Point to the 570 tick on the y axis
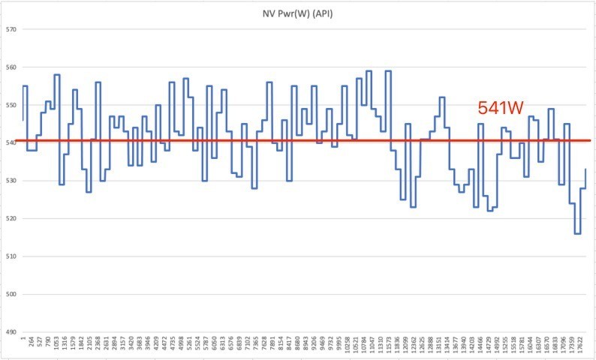click(x=11, y=29)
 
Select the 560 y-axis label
click(x=11, y=67)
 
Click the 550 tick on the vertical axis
click(x=11, y=105)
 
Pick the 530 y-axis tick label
click(x=11, y=181)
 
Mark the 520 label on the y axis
click(x=11, y=218)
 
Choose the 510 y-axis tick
click(x=11, y=256)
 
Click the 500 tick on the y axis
click(x=11, y=294)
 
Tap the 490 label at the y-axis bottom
click(x=11, y=332)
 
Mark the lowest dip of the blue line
click(x=577, y=234)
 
